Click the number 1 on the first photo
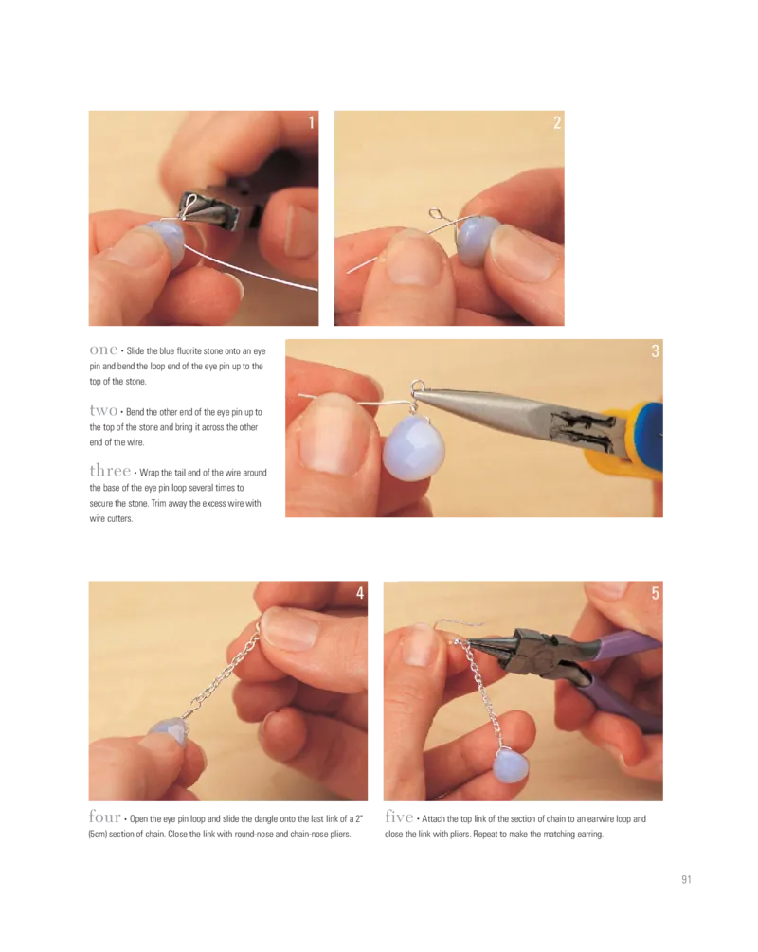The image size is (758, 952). click(312, 122)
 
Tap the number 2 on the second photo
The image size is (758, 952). click(557, 122)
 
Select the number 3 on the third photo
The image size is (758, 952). click(655, 350)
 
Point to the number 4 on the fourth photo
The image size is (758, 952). click(359, 593)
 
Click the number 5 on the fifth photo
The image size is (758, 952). click(655, 593)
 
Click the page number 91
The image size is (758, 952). click(686, 879)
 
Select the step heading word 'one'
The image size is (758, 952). click(103, 350)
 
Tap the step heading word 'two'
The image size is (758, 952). click(103, 410)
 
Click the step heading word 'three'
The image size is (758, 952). click(110, 471)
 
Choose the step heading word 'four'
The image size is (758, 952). click(104, 817)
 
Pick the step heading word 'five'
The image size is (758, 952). click(399, 817)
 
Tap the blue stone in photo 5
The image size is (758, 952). click(506, 768)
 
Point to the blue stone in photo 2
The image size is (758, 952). click(478, 241)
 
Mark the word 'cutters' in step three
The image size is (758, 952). click(119, 518)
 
